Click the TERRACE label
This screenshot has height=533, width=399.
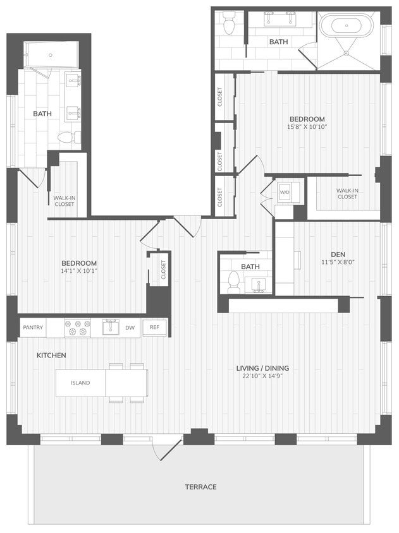[200, 487]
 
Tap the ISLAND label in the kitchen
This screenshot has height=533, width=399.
[80, 383]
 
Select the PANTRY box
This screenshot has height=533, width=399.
[32, 327]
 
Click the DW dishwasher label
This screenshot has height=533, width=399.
[129, 327]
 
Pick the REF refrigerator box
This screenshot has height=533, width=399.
[154, 327]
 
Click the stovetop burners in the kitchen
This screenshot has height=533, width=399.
[78, 328]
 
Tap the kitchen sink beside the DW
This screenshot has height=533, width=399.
[111, 327]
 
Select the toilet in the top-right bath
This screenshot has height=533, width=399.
[229, 23]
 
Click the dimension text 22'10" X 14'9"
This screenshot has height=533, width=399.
[259, 376]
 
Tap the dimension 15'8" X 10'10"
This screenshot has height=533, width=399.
[307, 126]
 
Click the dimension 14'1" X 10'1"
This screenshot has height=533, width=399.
[78, 271]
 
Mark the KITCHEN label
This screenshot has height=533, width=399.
[51, 356]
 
